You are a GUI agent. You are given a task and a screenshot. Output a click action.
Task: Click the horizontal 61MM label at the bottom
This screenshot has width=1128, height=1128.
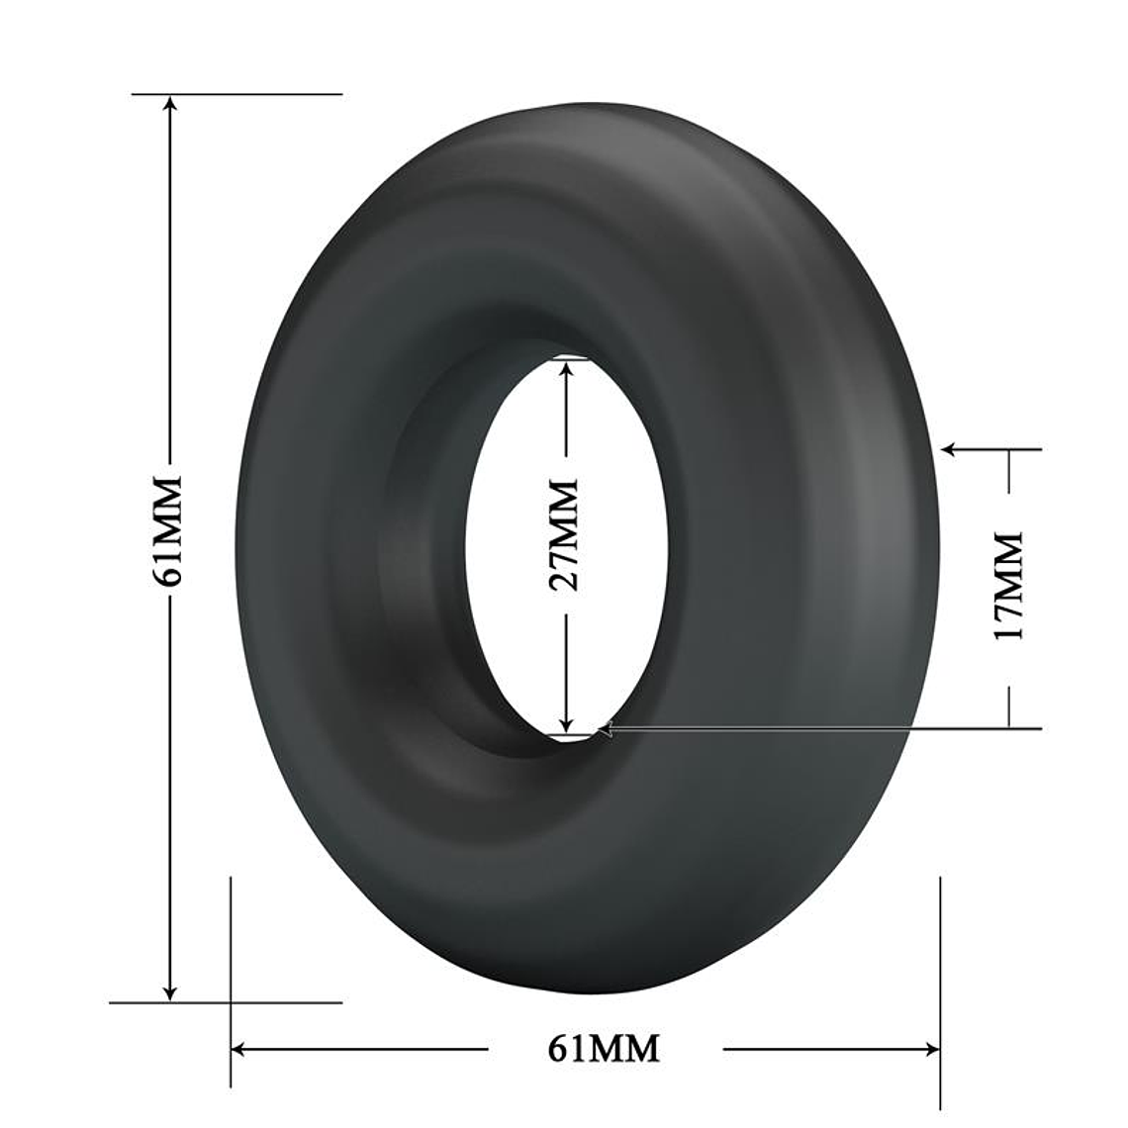[605, 1048]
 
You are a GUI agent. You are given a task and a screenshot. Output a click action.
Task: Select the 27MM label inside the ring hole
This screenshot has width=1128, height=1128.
[565, 535]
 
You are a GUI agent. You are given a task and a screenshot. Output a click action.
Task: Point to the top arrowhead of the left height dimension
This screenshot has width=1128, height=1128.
[170, 103]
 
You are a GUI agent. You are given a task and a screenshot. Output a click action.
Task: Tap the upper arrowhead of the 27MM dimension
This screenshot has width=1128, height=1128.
[566, 368]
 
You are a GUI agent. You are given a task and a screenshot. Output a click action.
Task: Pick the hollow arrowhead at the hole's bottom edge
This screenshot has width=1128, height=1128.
[607, 729]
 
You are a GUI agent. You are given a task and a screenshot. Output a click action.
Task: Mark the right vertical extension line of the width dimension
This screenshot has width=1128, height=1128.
[940, 950]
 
